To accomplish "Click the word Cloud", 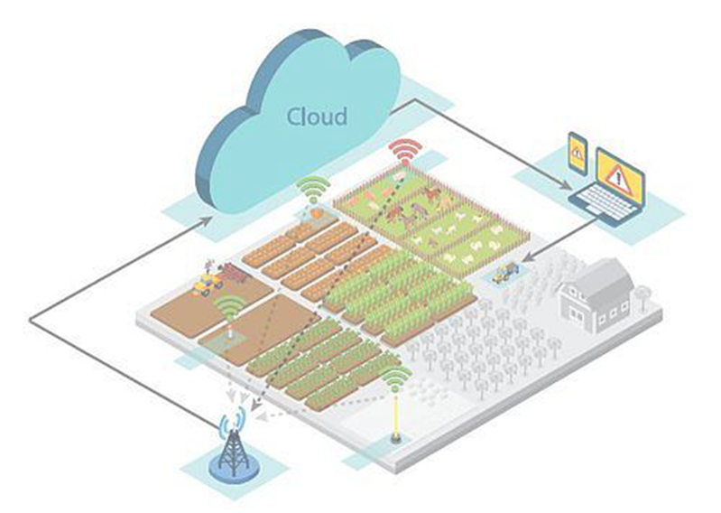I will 317,117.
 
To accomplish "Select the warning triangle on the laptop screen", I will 618,176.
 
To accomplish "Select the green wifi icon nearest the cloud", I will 313,189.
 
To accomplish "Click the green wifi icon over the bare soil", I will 229,307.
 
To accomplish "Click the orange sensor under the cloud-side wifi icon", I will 317,213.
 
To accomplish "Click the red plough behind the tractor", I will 234,270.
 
